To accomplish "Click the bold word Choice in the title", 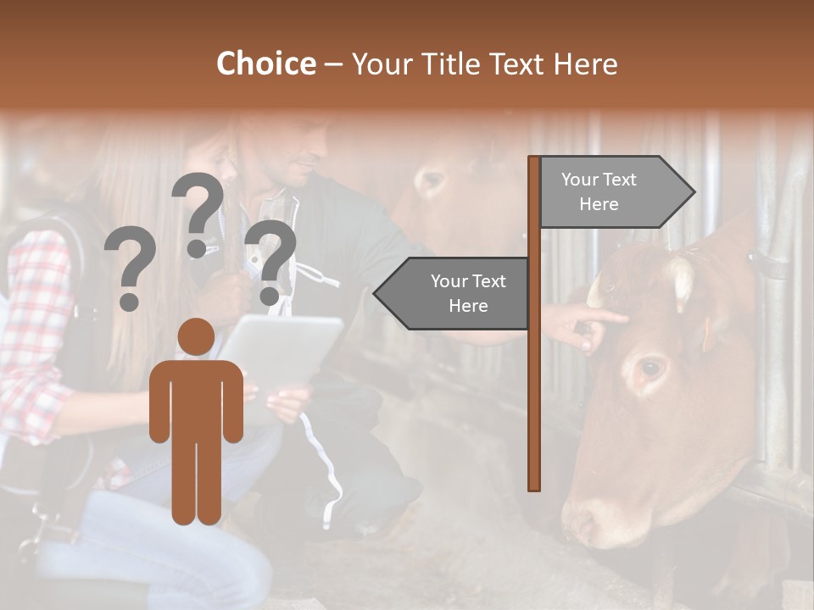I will point(265,64).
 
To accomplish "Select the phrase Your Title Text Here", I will point(484,64).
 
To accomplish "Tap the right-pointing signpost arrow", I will point(610,191).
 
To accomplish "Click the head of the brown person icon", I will point(196,336).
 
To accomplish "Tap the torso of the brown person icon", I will point(196,398).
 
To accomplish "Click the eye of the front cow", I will point(650,369).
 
